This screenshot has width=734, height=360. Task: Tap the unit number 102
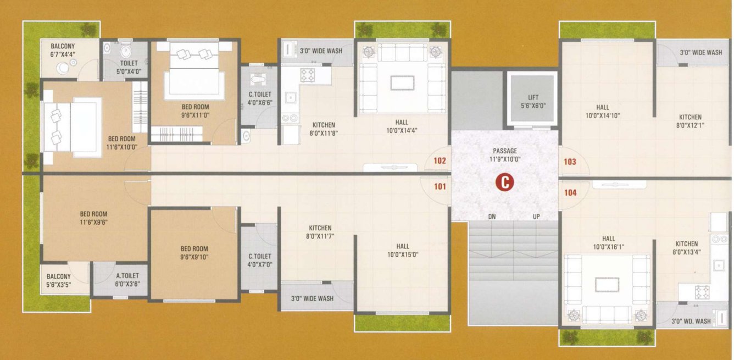point(440,162)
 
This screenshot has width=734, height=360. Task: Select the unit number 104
point(570,192)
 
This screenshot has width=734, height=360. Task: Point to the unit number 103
point(570,162)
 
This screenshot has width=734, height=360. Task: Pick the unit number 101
point(440,186)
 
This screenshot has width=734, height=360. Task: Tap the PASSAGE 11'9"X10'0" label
point(504,155)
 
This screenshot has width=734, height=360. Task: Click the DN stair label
point(492,217)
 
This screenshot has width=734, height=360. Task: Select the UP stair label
point(536,217)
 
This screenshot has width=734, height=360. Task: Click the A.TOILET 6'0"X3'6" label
point(127,280)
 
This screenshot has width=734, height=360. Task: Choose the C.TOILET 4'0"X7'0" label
point(260,260)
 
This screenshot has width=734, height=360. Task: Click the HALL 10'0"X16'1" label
point(608,242)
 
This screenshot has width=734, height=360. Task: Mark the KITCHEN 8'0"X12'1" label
point(690,121)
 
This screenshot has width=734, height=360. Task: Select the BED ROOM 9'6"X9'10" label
point(195,253)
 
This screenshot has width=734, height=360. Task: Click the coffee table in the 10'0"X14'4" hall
point(402,82)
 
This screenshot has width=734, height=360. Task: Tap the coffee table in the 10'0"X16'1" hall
point(607,284)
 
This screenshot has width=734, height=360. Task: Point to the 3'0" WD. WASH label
point(691,321)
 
